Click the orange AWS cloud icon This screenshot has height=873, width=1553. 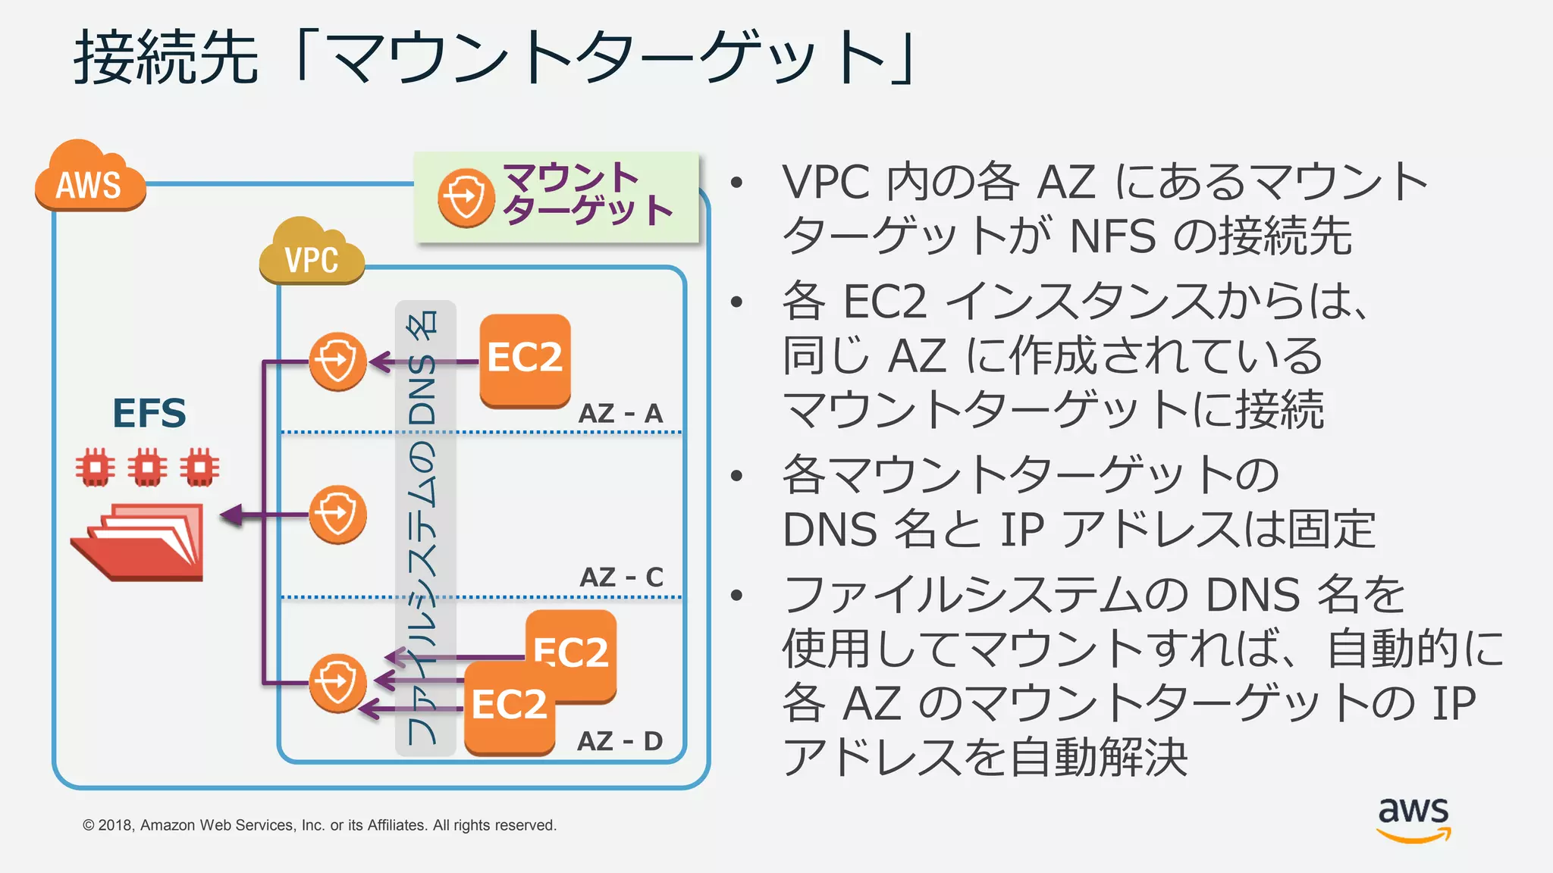click(89, 178)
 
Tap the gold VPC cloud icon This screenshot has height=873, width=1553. click(311, 254)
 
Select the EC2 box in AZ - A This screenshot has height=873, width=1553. click(525, 359)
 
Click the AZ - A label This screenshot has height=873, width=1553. click(620, 414)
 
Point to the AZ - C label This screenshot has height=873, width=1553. click(621, 577)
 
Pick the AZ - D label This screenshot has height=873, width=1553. click(620, 741)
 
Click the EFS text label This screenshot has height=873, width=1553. click(149, 414)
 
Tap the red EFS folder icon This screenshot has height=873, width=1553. click(140, 542)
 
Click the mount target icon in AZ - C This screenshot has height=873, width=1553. click(337, 515)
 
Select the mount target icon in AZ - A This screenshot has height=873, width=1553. click(337, 361)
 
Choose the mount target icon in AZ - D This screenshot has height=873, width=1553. click(337, 683)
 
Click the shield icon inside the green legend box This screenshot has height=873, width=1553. click(466, 198)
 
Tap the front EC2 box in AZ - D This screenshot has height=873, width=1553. click(509, 706)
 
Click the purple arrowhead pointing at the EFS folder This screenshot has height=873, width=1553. click(231, 515)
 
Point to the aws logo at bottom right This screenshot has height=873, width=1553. click(1413, 818)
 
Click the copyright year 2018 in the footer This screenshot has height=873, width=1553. click(115, 825)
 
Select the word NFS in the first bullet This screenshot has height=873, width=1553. click(1112, 236)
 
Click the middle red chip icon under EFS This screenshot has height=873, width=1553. click(147, 468)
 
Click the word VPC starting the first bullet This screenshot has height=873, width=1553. click(826, 183)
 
